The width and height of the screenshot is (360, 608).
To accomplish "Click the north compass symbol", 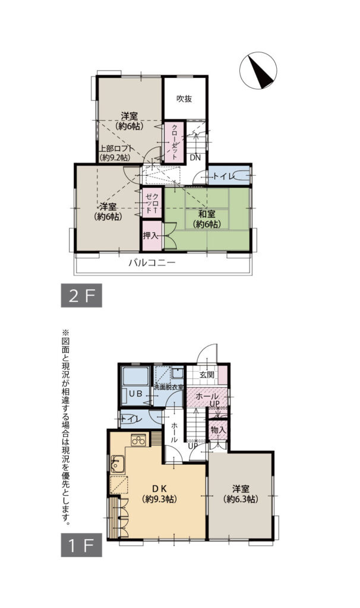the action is (x=258, y=70).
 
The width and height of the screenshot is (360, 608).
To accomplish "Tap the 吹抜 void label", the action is (x=184, y=99).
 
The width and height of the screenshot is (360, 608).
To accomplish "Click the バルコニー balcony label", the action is (x=152, y=263).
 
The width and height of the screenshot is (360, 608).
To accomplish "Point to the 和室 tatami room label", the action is (x=207, y=218).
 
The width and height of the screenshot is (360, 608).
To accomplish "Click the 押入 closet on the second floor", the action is (x=151, y=235).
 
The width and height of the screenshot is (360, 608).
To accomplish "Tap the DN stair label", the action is (x=195, y=157).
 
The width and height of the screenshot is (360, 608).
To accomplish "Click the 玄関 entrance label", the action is (x=207, y=375).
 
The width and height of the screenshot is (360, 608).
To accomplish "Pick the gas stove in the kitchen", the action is (x=138, y=440).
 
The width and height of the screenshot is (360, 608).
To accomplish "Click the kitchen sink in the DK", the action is (x=117, y=464).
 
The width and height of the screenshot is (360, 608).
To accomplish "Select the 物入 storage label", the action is (x=217, y=430).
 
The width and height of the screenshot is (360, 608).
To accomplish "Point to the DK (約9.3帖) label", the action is (x=160, y=493).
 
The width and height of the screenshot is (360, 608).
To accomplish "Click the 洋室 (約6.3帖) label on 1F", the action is (x=241, y=493).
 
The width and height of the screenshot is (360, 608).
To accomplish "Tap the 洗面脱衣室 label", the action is (x=169, y=387).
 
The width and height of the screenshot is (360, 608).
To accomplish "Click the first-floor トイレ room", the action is (x=137, y=419).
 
